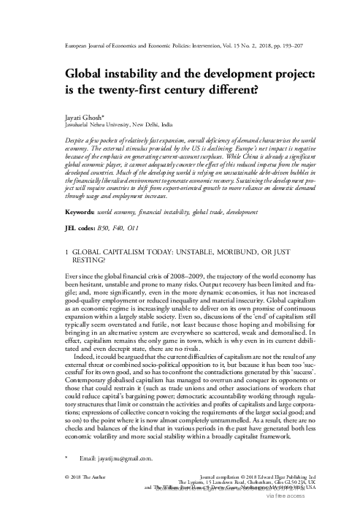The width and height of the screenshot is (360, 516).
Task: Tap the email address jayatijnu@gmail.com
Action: point(118,459)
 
